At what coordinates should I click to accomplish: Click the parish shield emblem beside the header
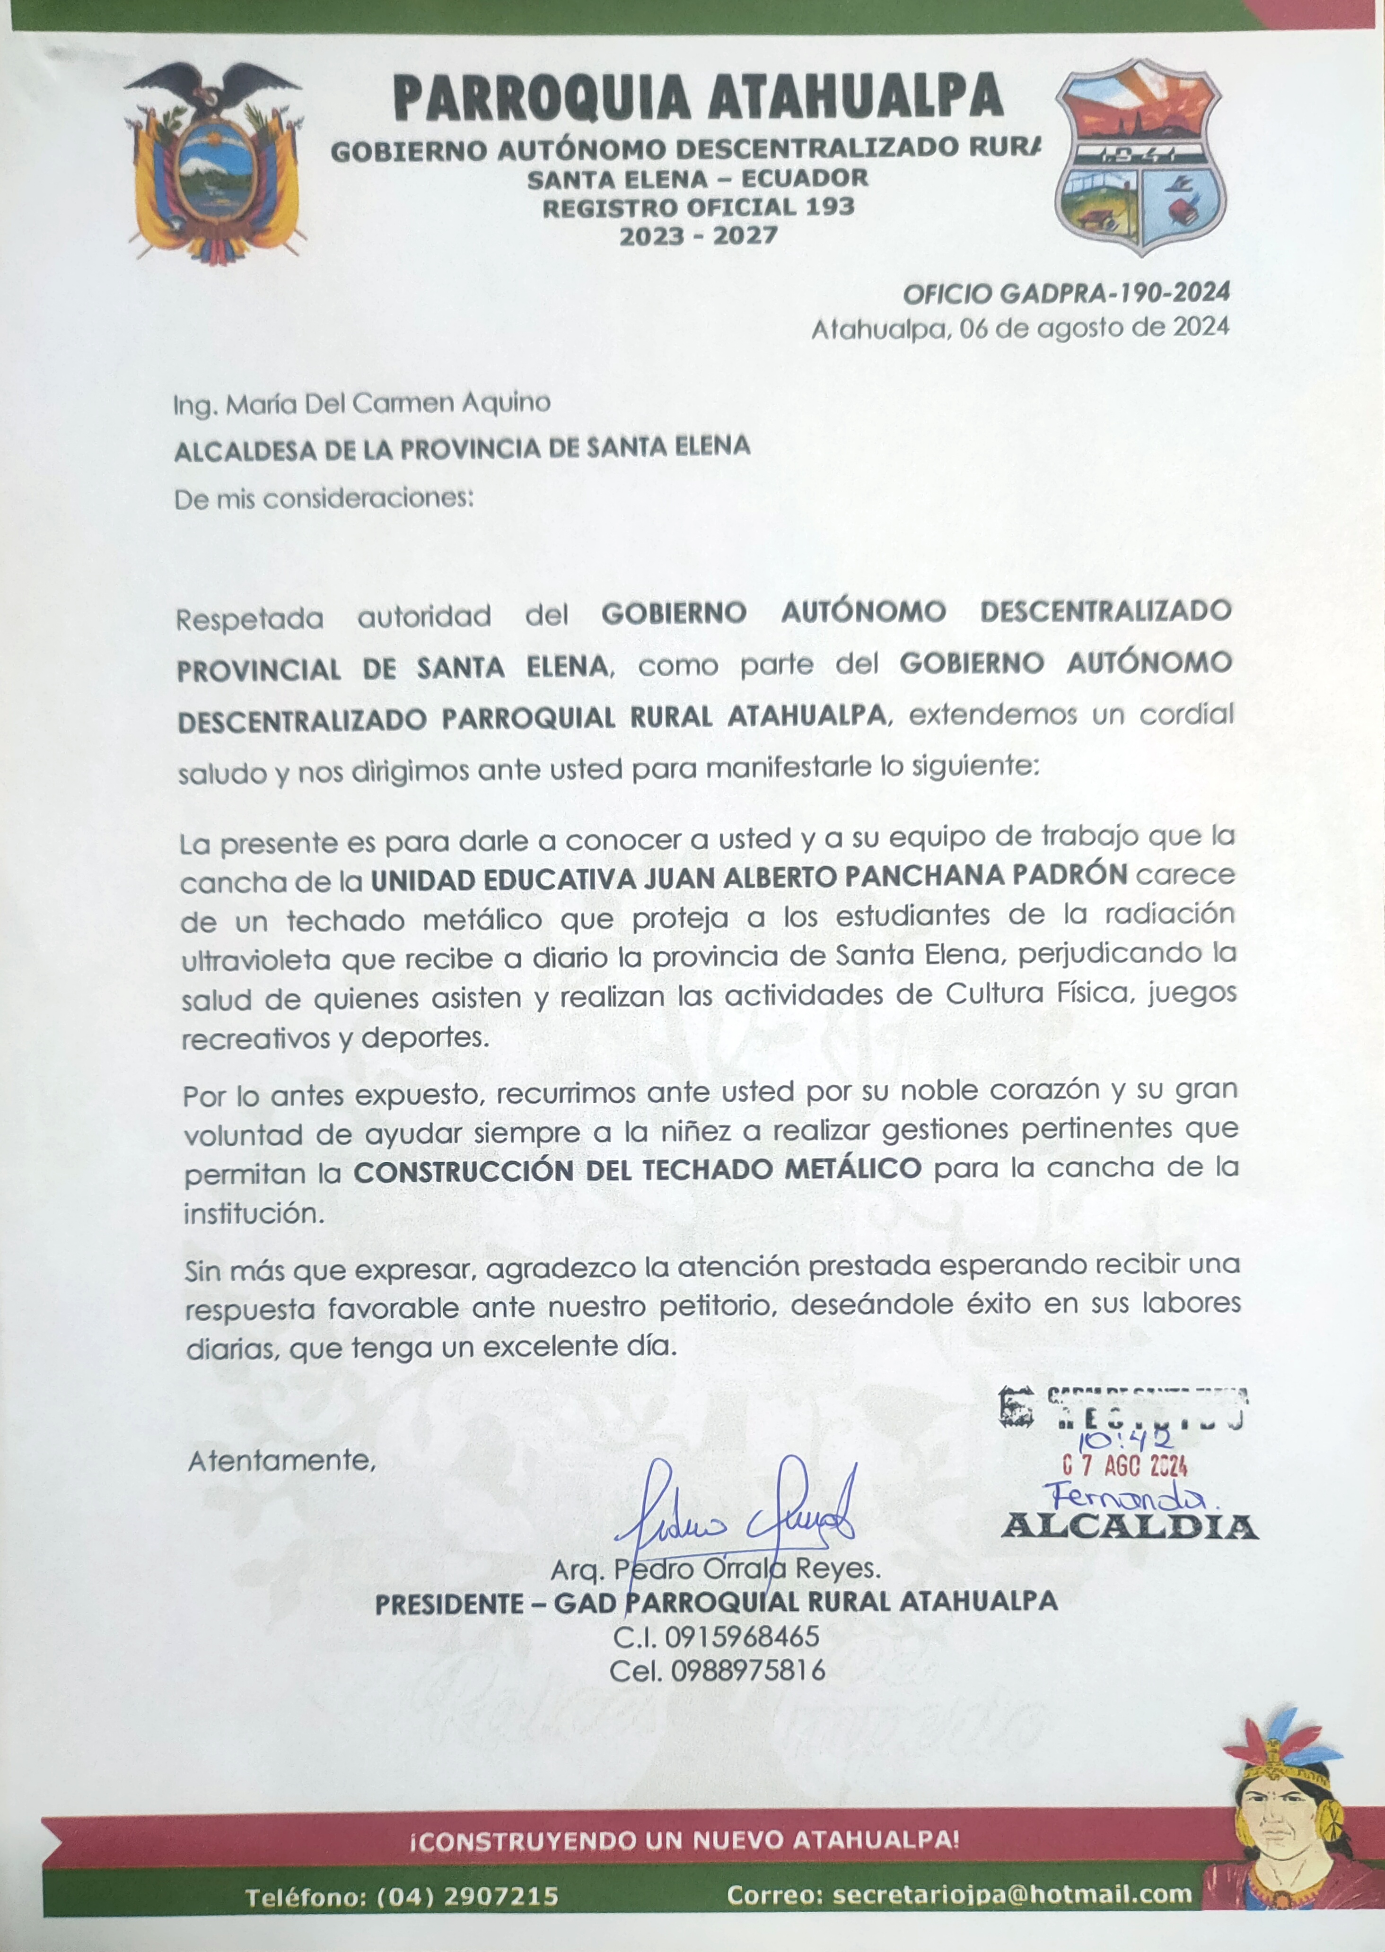coord(1141,157)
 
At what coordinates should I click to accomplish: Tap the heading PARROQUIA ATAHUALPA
coord(698,96)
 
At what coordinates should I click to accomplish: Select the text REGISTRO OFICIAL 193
coord(698,207)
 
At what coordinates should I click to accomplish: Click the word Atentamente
coord(281,1460)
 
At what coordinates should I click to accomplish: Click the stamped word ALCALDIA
coord(1129,1526)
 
